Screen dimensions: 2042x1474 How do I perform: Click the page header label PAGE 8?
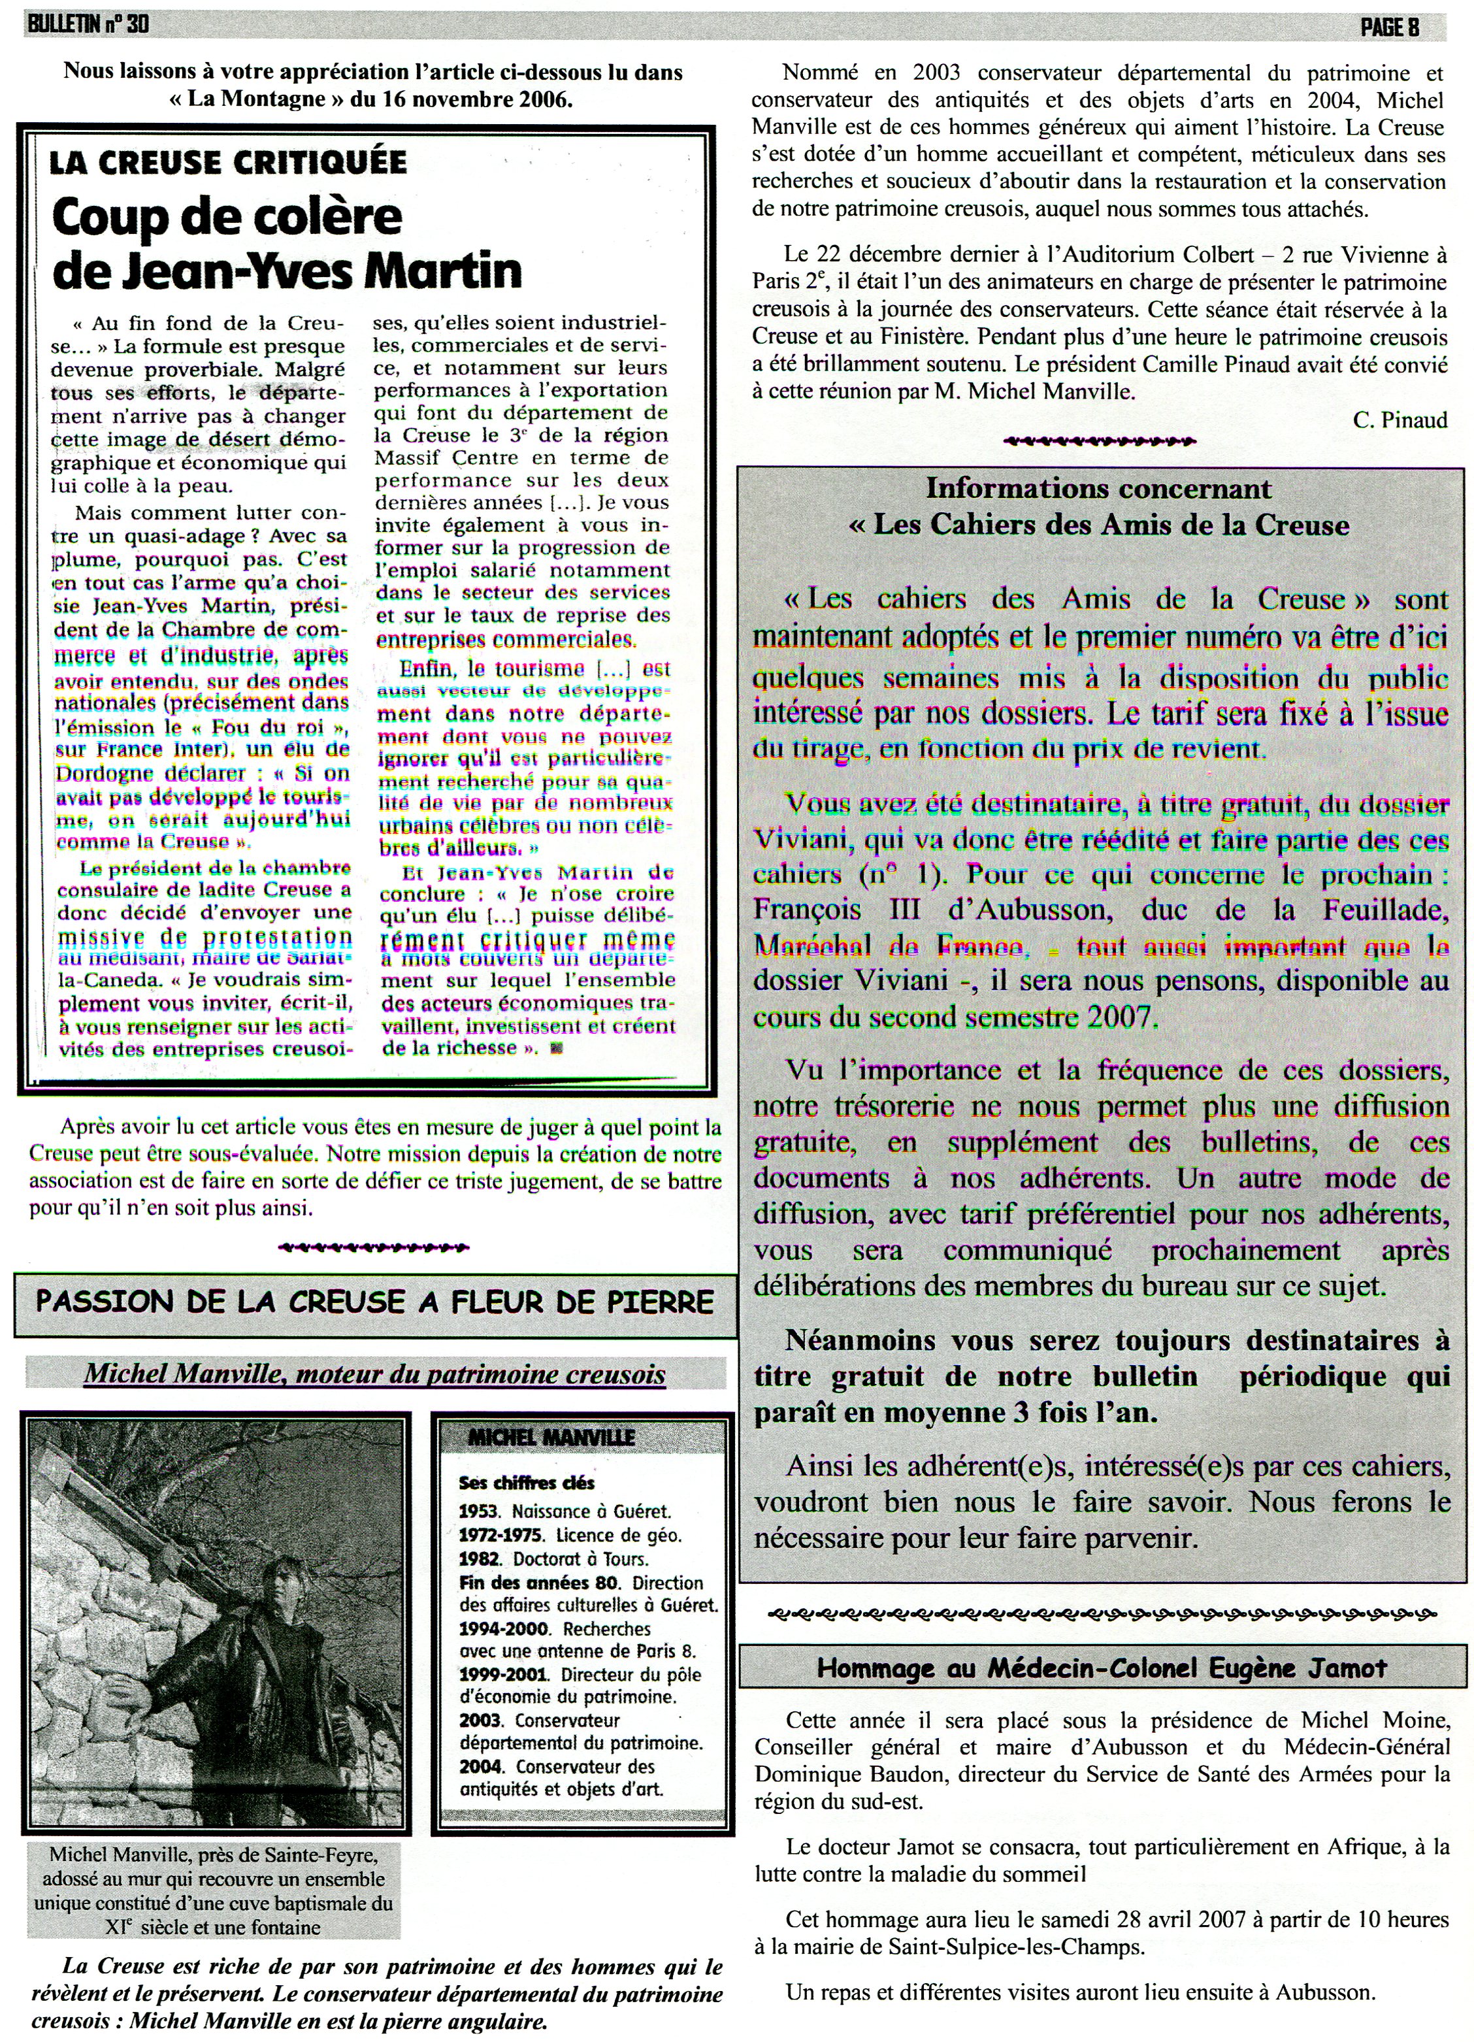point(1388,27)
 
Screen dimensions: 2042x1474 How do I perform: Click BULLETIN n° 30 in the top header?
point(88,25)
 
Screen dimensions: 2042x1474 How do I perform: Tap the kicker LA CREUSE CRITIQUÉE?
point(228,162)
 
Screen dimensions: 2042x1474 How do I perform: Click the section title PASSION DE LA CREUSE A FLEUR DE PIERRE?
point(374,1301)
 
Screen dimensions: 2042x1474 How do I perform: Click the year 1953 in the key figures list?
point(476,1511)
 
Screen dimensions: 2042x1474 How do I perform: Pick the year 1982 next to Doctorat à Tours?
point(476,1558)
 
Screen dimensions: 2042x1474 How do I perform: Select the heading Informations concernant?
point(1098,489)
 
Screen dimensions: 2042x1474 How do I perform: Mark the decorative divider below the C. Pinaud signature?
point(1098,441)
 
